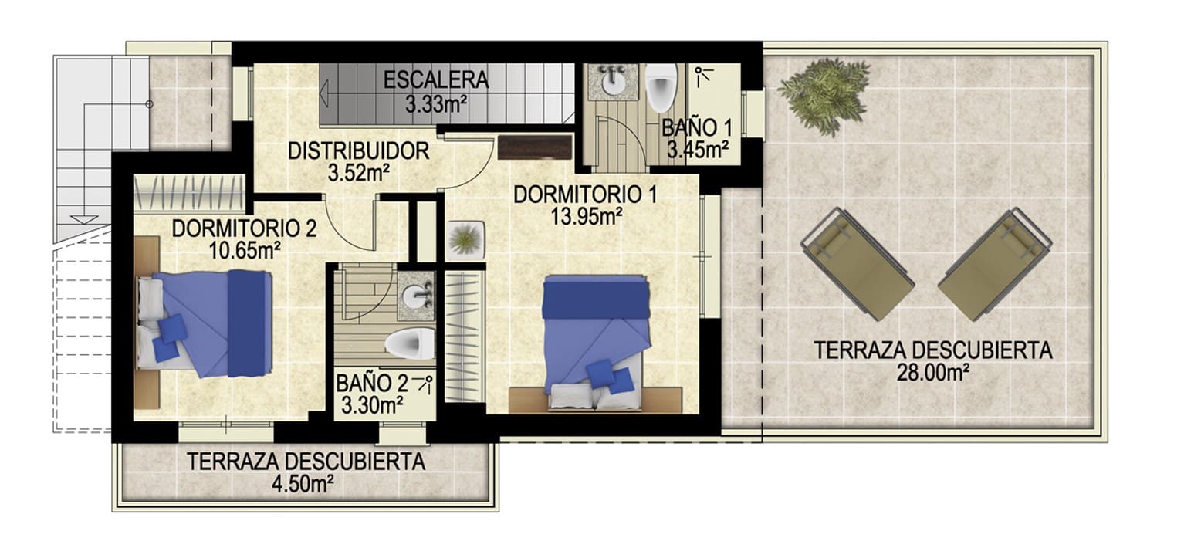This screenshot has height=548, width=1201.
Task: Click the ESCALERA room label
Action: pos(435,79)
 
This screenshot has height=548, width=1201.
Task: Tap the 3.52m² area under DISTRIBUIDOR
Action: pos(357,173)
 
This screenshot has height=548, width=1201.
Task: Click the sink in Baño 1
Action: pos(614,80)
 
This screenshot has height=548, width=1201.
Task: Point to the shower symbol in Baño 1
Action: pos(703,76)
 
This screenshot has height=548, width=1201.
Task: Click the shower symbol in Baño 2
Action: pos(424,383)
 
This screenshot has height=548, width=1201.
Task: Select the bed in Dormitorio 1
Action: pos(595,340)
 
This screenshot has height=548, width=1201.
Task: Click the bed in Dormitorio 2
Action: pos(205,323)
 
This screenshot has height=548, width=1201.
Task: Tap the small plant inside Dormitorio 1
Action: pos(465,238)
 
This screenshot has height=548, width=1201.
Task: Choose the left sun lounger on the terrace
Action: pos(857,262)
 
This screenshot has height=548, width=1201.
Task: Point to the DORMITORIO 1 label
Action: pos(585,194)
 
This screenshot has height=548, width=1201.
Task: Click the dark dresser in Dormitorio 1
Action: pos(535,147)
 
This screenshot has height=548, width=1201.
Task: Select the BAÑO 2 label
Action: pos(371,383)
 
